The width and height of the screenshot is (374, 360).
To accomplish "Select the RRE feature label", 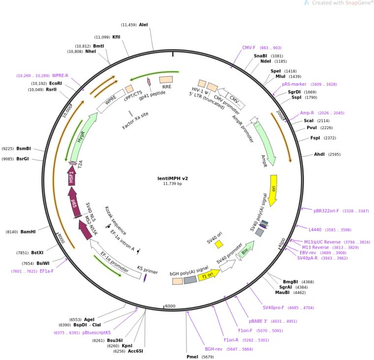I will click(167, 87).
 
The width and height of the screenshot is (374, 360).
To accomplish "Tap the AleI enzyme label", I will click(143, 24).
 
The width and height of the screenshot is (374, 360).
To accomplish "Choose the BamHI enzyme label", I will click(28, 231).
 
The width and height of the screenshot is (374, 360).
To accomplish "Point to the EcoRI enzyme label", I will click(56, 83).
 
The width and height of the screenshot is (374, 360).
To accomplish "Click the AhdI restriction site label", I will click(320, 154).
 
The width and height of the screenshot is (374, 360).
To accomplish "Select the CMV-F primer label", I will click(249, 48).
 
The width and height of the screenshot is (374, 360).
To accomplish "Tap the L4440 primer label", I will click(315, 229).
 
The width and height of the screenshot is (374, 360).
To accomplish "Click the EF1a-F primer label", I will click(47, 271).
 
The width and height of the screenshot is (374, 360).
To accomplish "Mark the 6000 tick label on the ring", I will click(170, 306).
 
